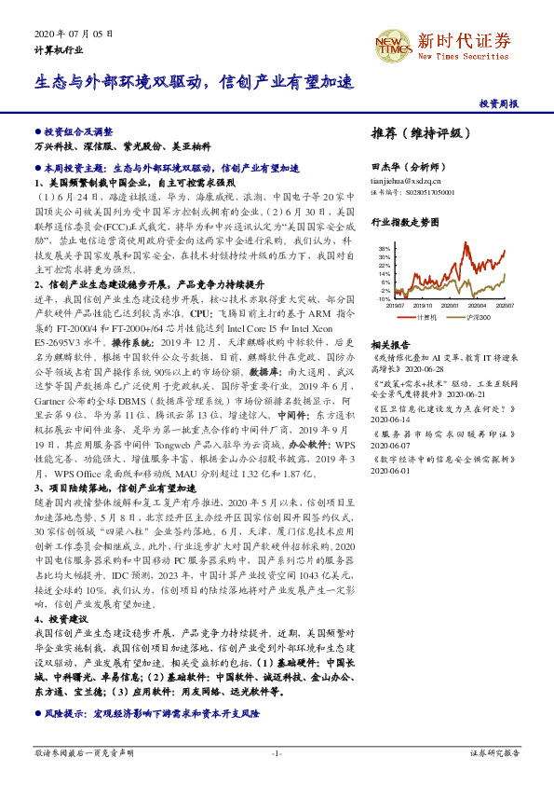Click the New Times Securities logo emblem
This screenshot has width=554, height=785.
coord(388,43)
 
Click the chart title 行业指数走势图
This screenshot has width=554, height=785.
coord(404,224)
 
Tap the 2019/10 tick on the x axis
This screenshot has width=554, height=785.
coord(423,306)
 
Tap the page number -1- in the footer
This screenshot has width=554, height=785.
coord(277,751)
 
